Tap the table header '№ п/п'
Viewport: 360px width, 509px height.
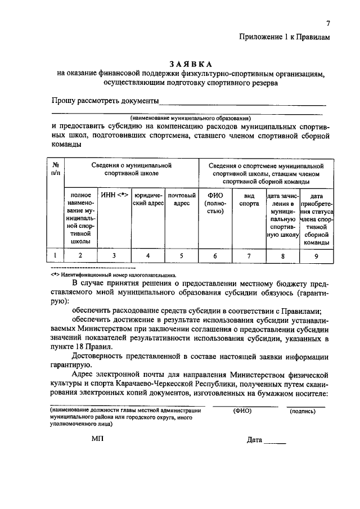click(x=56, y=170)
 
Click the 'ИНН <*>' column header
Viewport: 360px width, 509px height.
click(x=114, y=195)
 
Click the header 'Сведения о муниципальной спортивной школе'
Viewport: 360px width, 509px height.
click(x=131, y=170)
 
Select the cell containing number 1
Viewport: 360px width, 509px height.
click(x=56, y=256)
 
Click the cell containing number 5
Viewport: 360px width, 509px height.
click(x=182, y=256)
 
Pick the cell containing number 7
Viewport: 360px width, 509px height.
click(x=249, y=256)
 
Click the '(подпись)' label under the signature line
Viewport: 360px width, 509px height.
click(x=303, y=411)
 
